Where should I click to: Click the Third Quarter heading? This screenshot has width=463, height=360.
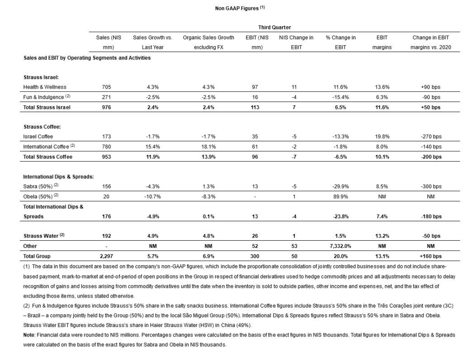274,28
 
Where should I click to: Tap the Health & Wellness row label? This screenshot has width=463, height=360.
45,87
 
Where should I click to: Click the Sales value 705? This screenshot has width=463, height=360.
104,87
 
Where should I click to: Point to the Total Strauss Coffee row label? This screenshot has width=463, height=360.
47,157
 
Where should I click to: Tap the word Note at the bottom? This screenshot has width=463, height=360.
29,335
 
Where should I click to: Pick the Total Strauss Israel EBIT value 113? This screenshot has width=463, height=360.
255,107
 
